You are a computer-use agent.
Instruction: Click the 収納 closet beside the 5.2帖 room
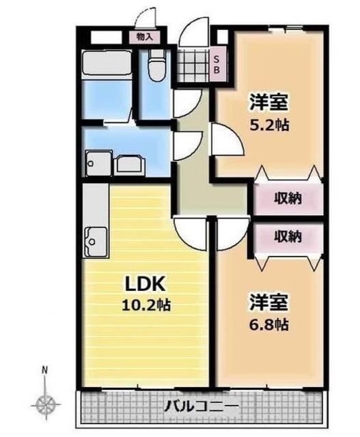[x=288, y=200]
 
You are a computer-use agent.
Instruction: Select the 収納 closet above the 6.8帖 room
[x=288, y=237]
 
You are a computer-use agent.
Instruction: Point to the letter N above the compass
[x=45, y=371]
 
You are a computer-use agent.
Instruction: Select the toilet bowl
[x=156, y=67]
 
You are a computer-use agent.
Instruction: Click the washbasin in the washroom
[x=127, y=165]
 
